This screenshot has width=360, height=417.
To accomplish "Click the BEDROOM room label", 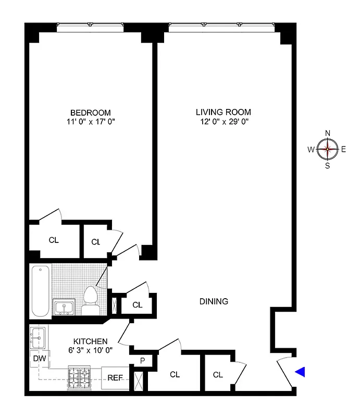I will [91, 113].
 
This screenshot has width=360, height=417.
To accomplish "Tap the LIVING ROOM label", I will [223, 112].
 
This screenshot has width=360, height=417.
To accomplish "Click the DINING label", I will [214, 301].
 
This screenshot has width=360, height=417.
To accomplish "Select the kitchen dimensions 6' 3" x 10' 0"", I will [91, 350].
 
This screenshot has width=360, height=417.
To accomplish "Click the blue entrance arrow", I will [300, 372].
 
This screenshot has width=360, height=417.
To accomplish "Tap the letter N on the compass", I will [328, 133].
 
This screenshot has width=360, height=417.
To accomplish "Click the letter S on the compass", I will [328, 166].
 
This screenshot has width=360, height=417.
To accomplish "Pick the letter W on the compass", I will [311, 150].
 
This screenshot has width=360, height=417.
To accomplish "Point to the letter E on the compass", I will [344, 150].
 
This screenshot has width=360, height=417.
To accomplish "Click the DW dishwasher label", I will [39, 359].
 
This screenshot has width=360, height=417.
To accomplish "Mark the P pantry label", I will [142, 360].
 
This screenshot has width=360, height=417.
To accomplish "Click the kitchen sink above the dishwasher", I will [38, 339].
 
